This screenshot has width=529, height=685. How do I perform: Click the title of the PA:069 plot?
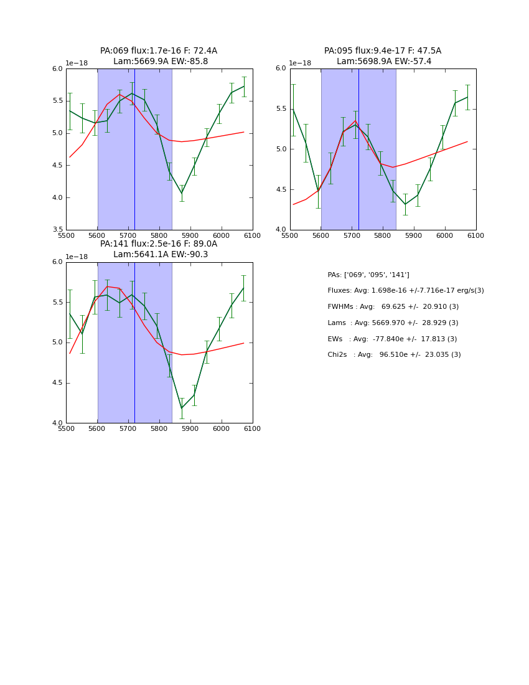click(x=159, y=56)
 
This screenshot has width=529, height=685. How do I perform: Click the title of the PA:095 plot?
click(x=383, y=56)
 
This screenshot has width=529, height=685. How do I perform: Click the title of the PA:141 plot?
click(x=159, y=249)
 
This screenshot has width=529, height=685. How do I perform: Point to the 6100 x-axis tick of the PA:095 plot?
click(x=476, y=235)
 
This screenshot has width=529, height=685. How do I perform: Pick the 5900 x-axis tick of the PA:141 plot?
click(x=190, y=428)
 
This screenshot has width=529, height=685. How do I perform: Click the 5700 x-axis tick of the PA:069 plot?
click(x=128, y=235)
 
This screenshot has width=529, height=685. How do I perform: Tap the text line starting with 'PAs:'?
click(x=368, y=275)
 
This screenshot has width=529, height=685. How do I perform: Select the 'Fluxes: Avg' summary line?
click(x=406, y=291)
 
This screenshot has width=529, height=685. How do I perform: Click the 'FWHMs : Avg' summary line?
click(x=393, y=307)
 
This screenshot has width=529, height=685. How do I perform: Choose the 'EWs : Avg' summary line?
click(x=392, y=339)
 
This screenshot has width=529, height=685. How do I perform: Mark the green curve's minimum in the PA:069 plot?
click(x=182, y=193)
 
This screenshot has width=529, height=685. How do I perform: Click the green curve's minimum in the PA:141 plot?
click(x=182, y=408)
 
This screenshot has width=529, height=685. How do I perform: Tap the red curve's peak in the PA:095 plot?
click(x=355, y=121)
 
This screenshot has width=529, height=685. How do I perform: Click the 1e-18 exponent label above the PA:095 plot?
click(x=300, y=64)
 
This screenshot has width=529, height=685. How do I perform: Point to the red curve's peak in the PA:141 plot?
click(x=107, y=286)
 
